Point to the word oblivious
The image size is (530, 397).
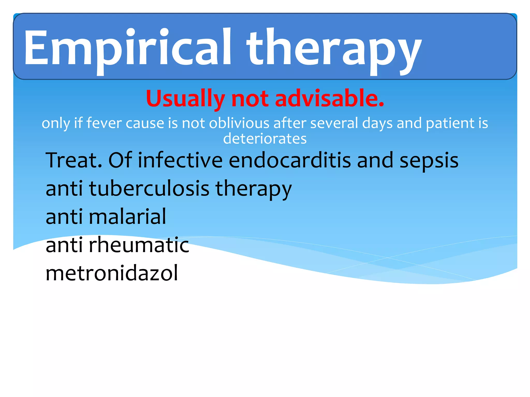coord(239,123)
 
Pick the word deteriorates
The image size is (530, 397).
coord(265,139)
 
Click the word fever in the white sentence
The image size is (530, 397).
coord(104,123)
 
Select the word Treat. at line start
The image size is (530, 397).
coord(74,160)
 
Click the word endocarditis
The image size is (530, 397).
coord(290,160)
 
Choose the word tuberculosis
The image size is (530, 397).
coord(149,188)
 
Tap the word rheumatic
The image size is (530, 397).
coord(139,245)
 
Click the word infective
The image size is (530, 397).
coord(180,160)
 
